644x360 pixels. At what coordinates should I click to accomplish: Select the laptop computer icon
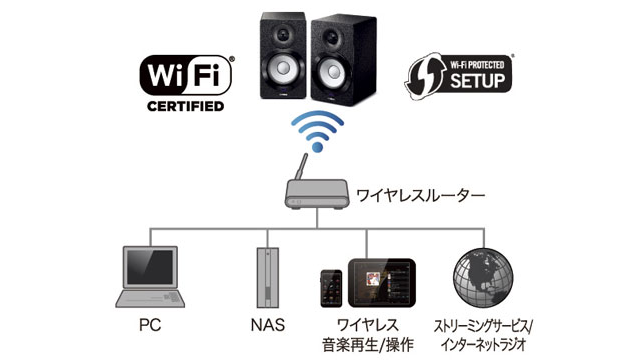point(151,278)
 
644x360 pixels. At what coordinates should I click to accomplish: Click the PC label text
point(150,325)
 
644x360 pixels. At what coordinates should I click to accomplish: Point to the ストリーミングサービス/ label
point(483,325)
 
